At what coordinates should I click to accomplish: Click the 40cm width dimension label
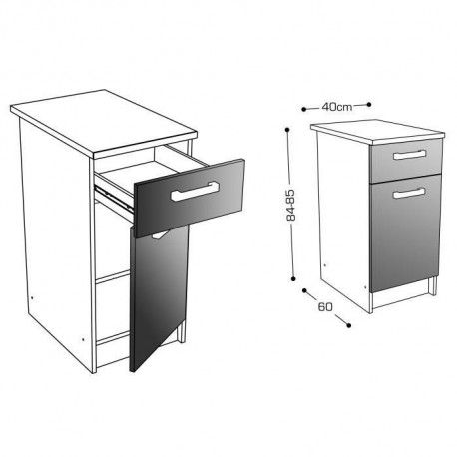tap(336, 107)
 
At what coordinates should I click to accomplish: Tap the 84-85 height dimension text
tap(290, 205)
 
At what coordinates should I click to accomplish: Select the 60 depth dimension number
tap(325, 307)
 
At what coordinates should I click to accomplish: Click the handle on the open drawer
tap(195, 191)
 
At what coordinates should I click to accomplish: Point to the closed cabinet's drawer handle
tap(409, 155)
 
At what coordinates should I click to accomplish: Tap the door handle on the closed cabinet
tap(409, 193)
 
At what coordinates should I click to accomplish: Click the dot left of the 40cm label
tap(303, 109)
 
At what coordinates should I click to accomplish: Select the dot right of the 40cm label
tap(369, 104)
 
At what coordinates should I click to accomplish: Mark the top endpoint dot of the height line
tap(287, 130)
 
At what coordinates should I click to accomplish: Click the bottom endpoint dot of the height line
tap(293, 278)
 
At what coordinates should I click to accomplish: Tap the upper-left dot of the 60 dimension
tap(304, 290)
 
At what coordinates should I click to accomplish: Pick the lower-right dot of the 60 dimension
tap(348, 325)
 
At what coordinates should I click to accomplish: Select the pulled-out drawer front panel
tap(190, 198)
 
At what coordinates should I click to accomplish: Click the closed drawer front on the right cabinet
tap(406, 160)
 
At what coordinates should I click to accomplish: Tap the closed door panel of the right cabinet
tap(405, 232)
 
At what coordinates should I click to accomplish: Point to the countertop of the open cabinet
tap(103, 123)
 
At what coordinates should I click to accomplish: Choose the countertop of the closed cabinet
tap(377, 132)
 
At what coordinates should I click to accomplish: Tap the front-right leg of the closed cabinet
tap(433, 286)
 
